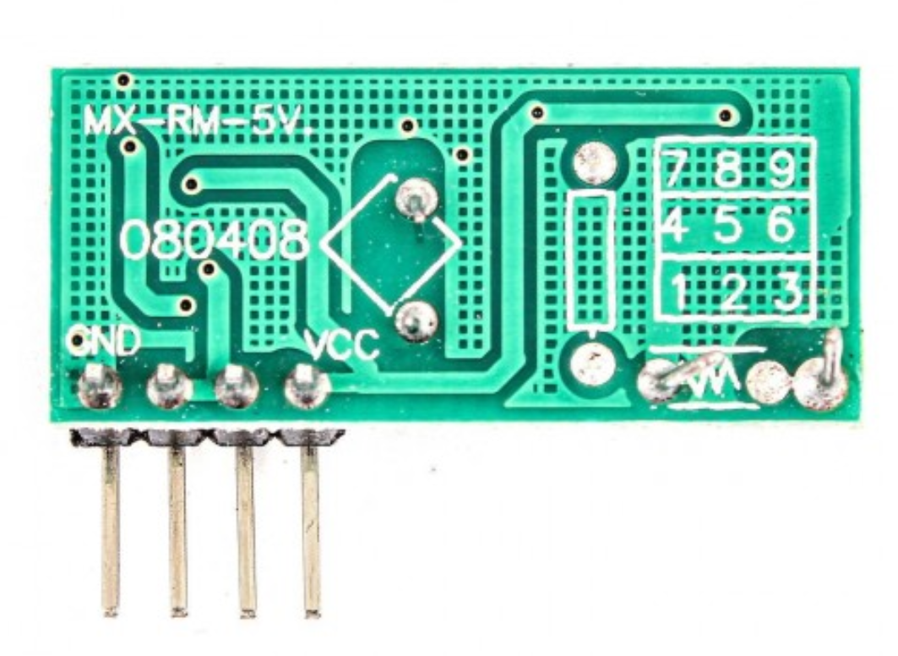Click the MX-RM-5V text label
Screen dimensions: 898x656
click(198, 122)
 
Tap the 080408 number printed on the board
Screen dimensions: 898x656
click(215, 241)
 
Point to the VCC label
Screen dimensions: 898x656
click(342, 344)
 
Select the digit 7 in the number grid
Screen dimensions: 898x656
click(674, 169)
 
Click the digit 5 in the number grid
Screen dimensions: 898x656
click(728, 226)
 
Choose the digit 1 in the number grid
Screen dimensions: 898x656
click(679, 291)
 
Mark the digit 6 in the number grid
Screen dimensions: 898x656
click(781, 226)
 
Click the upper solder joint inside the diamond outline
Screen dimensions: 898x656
click(416, 200)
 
